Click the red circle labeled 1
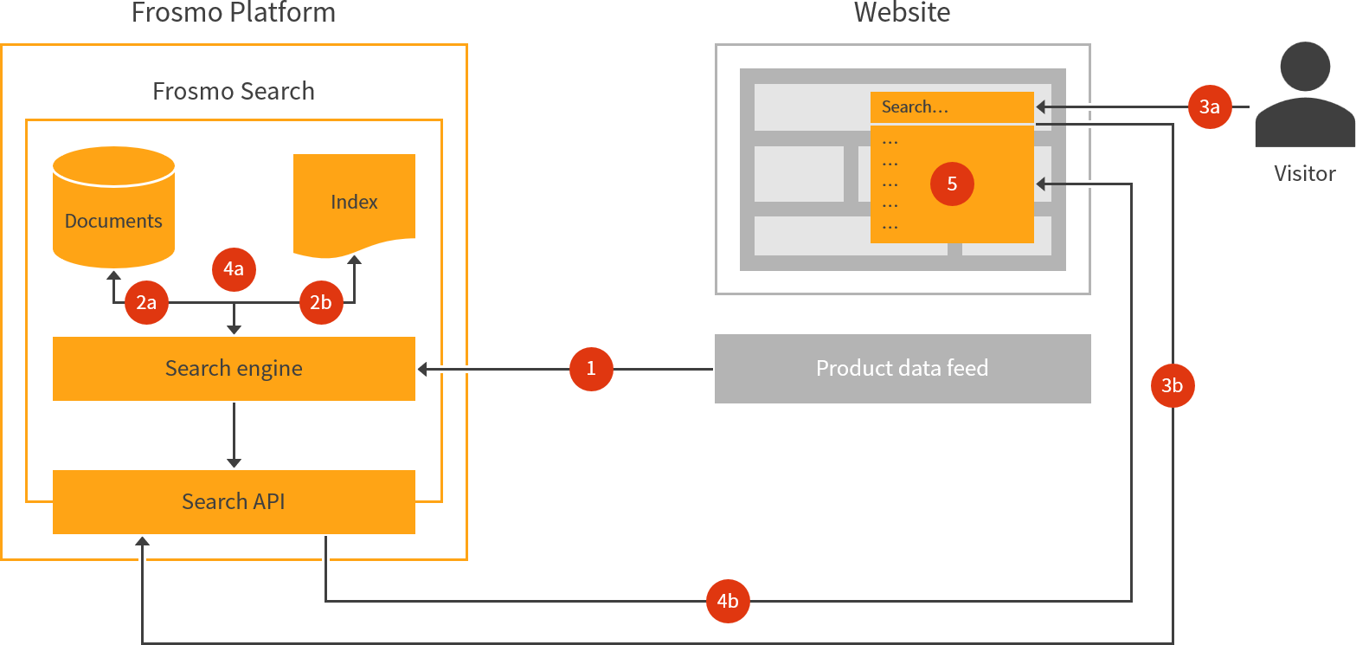click(x=591, y=370)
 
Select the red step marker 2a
click(x=146, y=303)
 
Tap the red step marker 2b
click(x=321, y=303)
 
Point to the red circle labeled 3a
click(x=1209, y=107)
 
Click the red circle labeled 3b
click(x=1173, y=386)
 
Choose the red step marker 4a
click(x=234, y=269)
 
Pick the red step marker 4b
click(x=728, y=601)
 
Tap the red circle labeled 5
click(x=952, y=184)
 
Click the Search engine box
click(x=234, y=369)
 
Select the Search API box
click(x=234, y=502)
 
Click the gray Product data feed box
click(x=902, y=369)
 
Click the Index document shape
click(x=354, y=203)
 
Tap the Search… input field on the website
click(x=952, y=107)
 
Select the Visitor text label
click(x=1305, y=173)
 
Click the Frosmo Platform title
click(x=234, y=13)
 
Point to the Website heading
click(x=902, y=13)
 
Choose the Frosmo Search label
click(x=234, y=91)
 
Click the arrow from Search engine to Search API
click(x=234, y=435)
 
